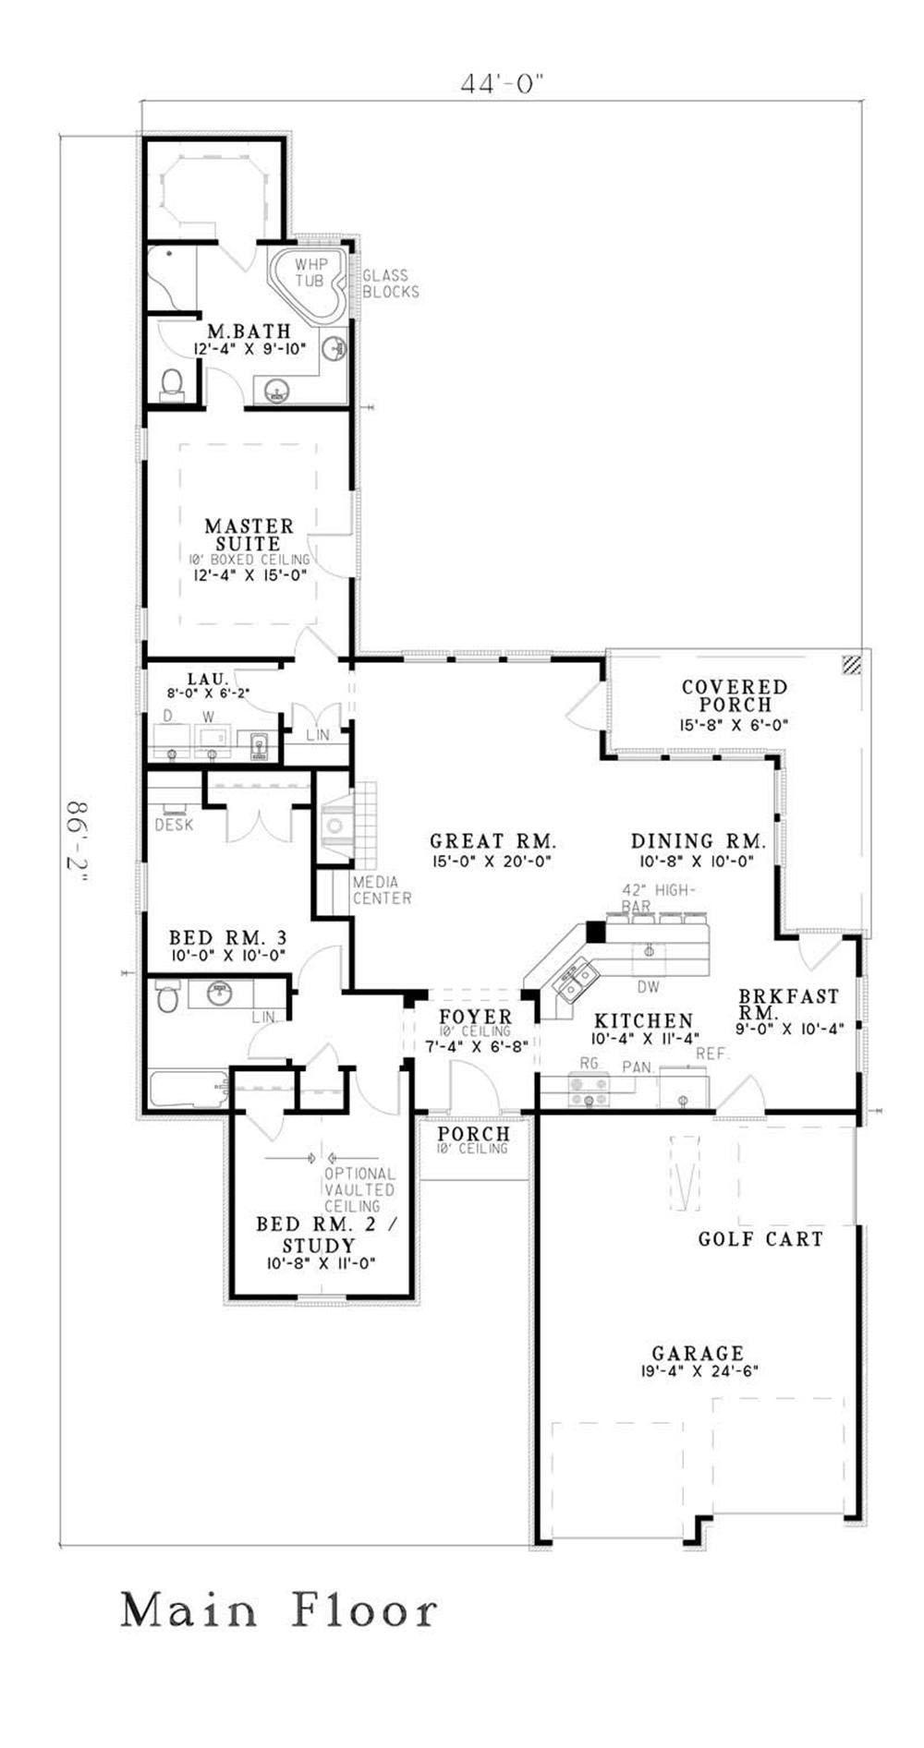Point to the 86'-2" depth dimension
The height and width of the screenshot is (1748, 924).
tap(79, 844)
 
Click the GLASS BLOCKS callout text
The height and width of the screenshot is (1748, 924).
tap(390, 283)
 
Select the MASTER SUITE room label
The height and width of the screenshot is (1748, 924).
tap(249, 535)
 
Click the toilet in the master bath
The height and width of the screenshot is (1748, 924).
tap(172, 384)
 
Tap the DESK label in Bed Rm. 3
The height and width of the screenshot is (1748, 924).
tap(174, 825)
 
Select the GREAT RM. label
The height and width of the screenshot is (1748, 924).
tap(492, 841)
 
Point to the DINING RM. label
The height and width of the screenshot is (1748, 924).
tap(698, 841)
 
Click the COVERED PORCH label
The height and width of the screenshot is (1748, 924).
tap(735, 695)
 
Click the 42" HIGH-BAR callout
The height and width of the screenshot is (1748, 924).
tap(658, 898)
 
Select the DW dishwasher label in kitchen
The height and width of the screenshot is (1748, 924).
tap(649, 987)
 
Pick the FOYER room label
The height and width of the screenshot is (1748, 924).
tap(476, 1018)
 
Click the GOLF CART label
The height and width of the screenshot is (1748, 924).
tap(760, 1239)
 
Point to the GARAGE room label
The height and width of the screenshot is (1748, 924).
tap(698, 1354)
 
